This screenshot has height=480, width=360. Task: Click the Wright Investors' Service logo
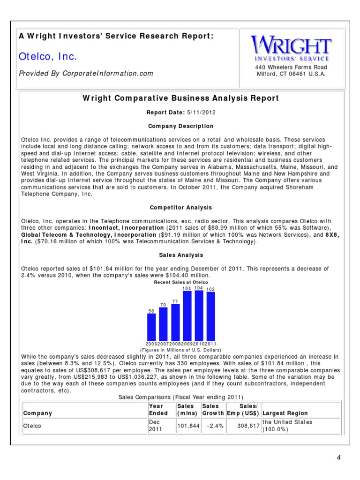(291, 49)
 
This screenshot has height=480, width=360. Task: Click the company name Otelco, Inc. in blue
(48, 57)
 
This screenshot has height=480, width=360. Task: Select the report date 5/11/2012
(194, 112)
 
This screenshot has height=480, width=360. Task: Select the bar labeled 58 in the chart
(151, 327)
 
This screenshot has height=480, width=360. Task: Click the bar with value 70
(163, 324)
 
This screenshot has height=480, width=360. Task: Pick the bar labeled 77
(175, 322)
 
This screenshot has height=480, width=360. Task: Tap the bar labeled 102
(211, 316)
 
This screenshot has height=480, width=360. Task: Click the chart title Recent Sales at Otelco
(180, 283)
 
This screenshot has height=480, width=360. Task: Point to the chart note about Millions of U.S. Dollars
(180, 350)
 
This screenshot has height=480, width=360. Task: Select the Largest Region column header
(285, 413)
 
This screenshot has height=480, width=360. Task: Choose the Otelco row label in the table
(32, 426)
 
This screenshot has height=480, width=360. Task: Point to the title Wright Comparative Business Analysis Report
(180, 98)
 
